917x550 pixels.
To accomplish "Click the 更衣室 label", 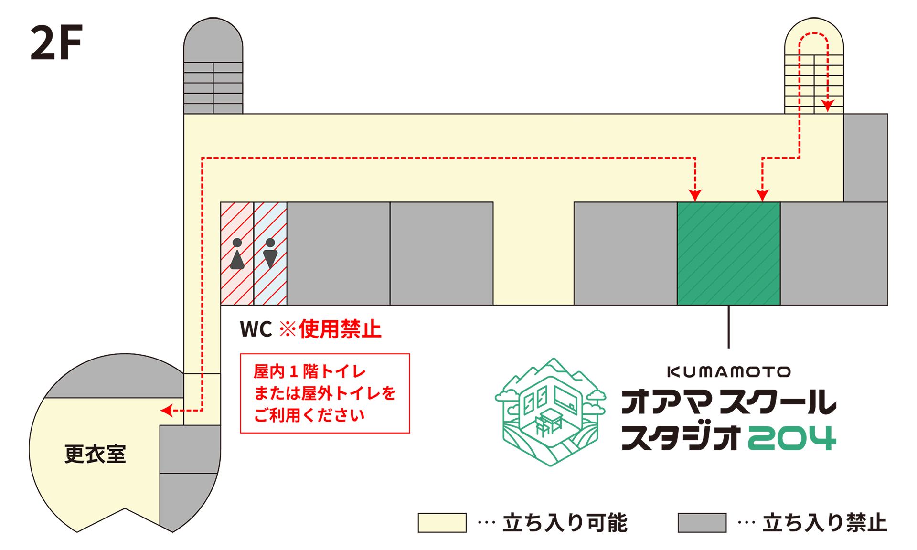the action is click(x=95, y=454).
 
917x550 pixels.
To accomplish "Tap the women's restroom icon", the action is click(x=237, y=254).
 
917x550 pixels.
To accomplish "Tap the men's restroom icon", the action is click(x=270, y=253).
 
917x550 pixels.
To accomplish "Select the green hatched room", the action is click(x=728, y=253).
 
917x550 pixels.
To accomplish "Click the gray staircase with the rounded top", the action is click(x=213, y=67).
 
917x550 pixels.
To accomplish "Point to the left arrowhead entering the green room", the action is click(x=695, y=195).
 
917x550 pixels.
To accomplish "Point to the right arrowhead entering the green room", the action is click(x=762, y=195).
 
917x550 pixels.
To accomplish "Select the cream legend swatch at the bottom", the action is click(x=442, y=522).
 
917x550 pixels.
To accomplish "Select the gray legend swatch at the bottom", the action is click(x=702, y=522).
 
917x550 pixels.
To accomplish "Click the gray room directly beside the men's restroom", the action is click(x=338, y=253).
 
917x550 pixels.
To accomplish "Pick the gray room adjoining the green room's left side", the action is click(x=625, y=253).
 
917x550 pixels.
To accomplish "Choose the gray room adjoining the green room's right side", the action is click(x=833, y=253).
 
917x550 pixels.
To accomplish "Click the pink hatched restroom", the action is click(x=237, y=286).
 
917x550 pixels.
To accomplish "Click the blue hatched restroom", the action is click(x=270, y=286).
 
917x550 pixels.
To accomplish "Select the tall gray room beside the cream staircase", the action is click(x=865, y=158).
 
